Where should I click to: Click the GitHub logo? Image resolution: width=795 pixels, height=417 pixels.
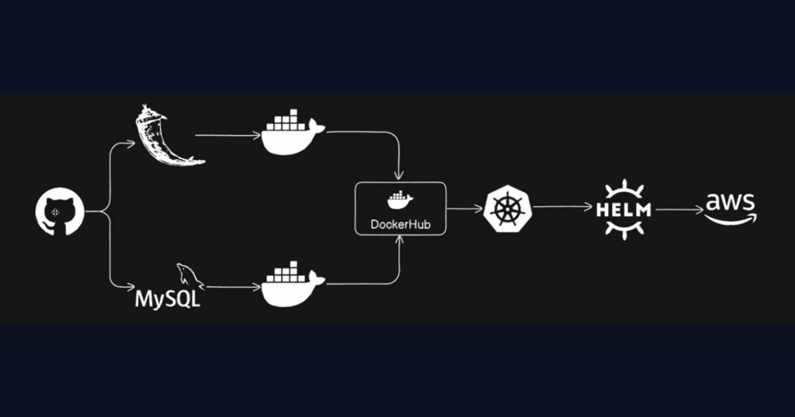coord(60,211)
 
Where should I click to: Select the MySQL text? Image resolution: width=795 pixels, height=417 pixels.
coord(167,299)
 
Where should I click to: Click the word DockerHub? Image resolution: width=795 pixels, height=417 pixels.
coord(400,224)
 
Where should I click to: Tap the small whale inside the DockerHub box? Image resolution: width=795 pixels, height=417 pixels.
coord(400,201)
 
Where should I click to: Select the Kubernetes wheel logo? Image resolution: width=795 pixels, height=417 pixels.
coord(507,208)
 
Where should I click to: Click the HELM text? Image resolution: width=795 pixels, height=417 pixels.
coord(624,209)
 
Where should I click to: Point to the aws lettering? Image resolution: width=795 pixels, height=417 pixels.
coord(730,202)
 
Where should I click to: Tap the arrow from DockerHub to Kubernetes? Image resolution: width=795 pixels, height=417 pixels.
coord(465,208)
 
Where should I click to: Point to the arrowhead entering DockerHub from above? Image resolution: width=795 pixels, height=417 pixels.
coord(399,176)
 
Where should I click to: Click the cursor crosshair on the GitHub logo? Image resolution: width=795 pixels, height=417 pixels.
coord(55,212)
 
